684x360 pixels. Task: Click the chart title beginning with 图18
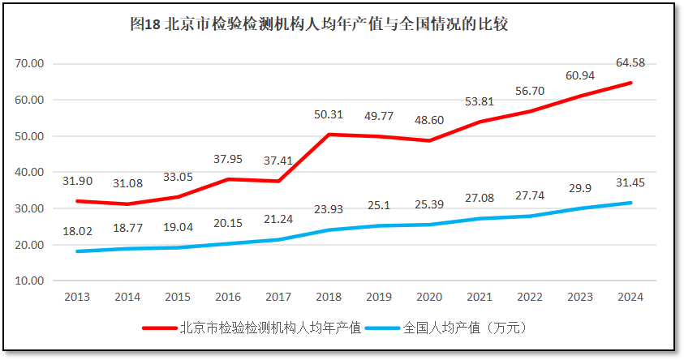coord(319,24)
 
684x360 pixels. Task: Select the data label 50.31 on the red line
coord(329,114)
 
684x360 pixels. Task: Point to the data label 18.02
coord(78,231)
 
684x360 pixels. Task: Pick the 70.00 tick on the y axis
coord(31,63)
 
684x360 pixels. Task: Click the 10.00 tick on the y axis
coord(31,281)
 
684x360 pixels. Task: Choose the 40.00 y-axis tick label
coord(31,172)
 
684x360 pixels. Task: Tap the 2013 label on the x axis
coord(77,298)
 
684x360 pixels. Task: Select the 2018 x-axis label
coord(329,298)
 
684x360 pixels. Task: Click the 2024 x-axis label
coord(630,298)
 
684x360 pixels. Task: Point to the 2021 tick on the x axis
coord(480,298)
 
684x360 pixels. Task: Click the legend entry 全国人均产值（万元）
coord(465,328)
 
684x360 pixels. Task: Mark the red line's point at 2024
coord(630,83)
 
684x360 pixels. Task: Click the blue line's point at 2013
coord(78,251)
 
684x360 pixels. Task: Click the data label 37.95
coord(229,159)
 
